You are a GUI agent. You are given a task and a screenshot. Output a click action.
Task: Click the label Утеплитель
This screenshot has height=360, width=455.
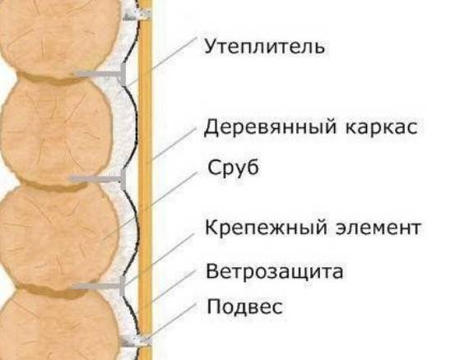click(264, 47)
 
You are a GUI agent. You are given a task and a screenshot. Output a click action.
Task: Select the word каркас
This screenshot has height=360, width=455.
click(382, 128)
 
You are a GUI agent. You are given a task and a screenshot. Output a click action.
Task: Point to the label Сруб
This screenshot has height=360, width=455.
click(233, 168)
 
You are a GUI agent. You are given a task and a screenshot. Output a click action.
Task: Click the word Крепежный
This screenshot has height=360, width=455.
click(266, 228)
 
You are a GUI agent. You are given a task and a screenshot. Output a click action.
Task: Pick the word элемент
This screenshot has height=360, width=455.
click(378, 228)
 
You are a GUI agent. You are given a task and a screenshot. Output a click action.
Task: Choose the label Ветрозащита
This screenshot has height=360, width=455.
click(274, 272)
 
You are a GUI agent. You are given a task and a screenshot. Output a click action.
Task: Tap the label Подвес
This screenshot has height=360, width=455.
click(244, 307)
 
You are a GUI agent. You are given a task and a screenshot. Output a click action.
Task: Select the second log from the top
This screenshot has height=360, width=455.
click(56, 132)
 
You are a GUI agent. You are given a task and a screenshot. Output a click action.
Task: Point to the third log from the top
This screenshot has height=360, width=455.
click(59, 236)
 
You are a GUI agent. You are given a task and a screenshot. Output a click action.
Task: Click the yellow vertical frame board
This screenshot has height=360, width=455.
click(145, 180)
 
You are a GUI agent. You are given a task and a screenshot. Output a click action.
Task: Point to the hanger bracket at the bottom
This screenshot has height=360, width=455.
click(136, 342)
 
